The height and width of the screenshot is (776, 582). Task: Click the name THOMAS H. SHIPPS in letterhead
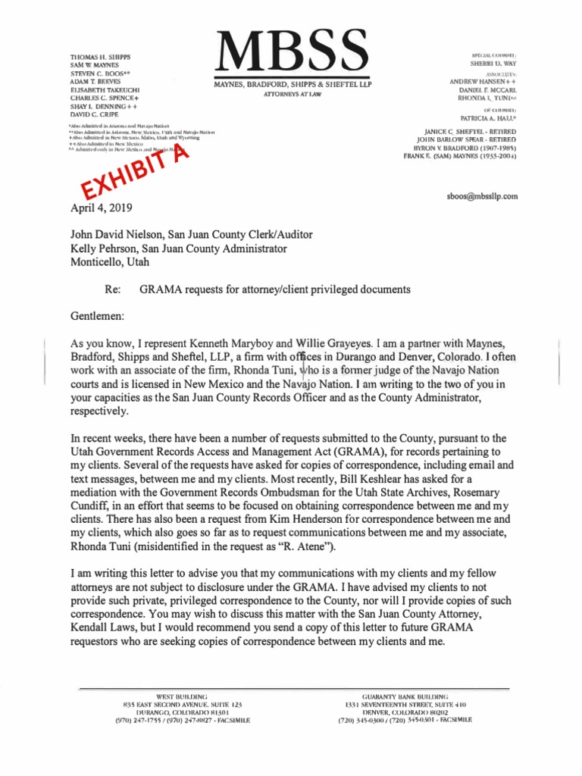click(x=100, y=57)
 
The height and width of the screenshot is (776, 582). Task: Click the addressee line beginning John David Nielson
click(x=191, y=235)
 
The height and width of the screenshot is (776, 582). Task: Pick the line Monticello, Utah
click(x=110, y=262)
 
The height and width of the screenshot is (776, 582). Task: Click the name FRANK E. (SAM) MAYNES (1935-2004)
click(x=460, y=157)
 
